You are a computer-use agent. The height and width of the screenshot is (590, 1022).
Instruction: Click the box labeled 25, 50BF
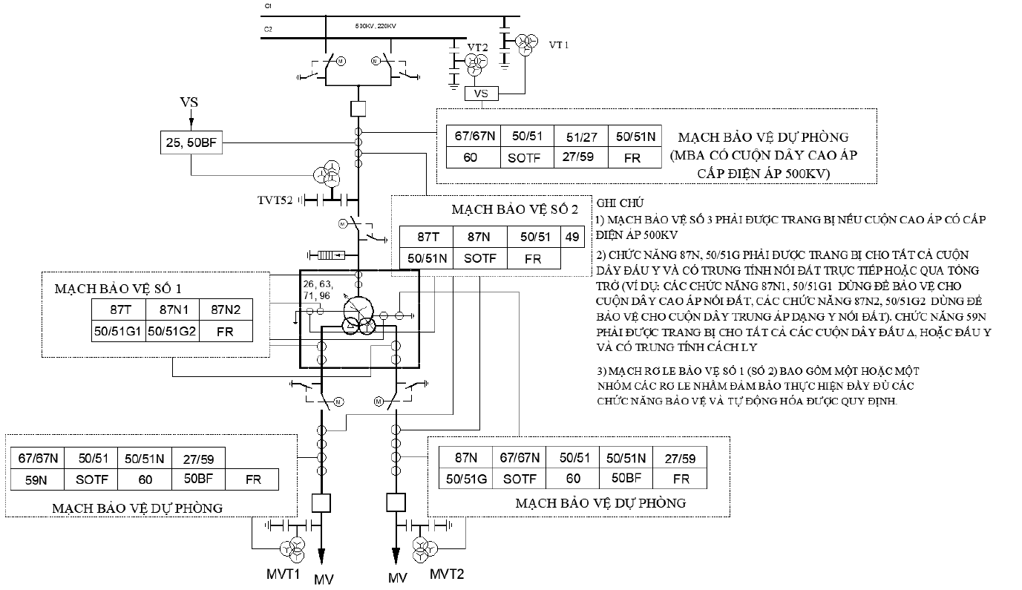(191, 142)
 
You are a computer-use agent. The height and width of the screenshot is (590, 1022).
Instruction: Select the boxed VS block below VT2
(482, 94)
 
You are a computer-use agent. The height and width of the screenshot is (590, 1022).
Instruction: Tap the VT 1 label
(559, 45)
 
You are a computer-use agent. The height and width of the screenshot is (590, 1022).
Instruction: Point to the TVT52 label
(275, 200)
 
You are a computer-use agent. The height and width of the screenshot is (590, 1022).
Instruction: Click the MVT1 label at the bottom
(283, 574)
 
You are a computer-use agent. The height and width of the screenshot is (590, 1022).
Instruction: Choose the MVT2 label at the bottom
(447, 574)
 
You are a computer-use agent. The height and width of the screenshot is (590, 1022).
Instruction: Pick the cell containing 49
(572, 237)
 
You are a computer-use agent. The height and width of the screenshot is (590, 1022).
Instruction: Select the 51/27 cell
(581, 136)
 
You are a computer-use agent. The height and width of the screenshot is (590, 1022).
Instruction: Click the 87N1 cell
(173, 309)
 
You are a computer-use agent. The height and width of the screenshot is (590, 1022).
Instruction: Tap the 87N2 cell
(226, 309)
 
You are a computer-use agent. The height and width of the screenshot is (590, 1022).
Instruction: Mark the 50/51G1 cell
(119, 331)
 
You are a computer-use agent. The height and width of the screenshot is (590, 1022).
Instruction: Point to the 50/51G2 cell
(172, 331)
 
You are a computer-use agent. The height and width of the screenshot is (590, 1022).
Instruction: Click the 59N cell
(37, 479)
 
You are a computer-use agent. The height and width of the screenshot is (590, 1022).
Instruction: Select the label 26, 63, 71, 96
(318, 289)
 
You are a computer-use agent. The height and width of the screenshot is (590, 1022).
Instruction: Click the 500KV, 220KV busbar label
(376, 26)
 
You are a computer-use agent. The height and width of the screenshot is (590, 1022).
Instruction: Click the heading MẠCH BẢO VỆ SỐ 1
(118, 289)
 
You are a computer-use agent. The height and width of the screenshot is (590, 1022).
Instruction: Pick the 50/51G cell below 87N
(466, 478)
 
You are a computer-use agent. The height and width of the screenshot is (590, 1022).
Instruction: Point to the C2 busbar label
(268, 29)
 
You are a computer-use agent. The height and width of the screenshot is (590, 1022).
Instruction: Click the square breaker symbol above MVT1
(321, 503)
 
